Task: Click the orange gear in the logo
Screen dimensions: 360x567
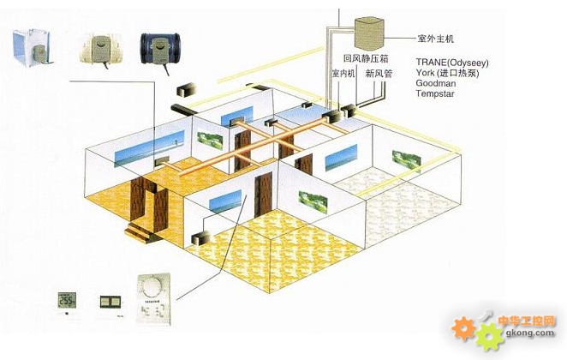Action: coord(464,327)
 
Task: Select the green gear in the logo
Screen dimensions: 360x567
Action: coord(488,335)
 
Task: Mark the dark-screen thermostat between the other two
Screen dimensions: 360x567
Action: coord(110,302)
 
